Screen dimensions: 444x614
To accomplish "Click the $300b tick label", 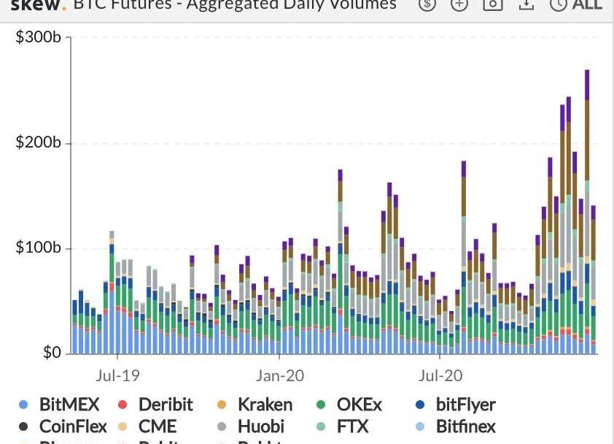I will pyautogui.click(x=38, y=37).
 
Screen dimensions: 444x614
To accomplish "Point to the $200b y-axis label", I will pyautogui.click(x=38, y=142).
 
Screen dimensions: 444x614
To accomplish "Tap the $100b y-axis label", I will pyautogui.click(x=38, y=248).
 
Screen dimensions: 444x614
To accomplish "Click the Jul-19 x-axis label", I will pyautogui.click(x=117, y=376).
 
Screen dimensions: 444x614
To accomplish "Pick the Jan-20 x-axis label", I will pyautogui.click(x=280, y=376).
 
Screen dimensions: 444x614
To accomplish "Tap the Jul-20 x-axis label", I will pyautogui.click(x=440, y=376).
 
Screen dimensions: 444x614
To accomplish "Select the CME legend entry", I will pyautogui.click(x=158, y=426).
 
